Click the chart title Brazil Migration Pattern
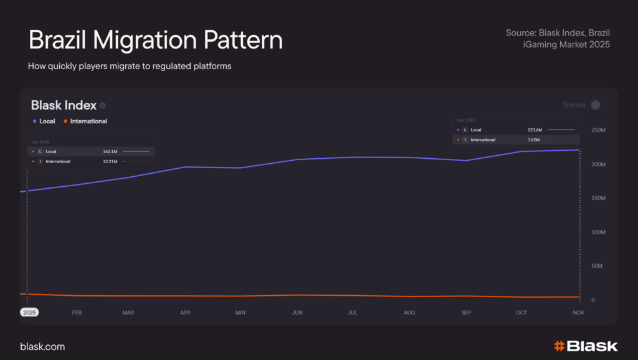coord(155,40)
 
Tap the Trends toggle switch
coord(598,105)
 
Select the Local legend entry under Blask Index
coord(44,121)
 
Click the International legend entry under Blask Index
coord(85,121)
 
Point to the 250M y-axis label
coord(598,130)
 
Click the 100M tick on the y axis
coord(598,232)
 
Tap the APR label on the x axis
coord(185,313)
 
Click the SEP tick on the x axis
coord(466,313)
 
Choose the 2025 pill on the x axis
coord(29,313)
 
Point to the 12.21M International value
coord(110,162)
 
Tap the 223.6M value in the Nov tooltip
coord(535,130)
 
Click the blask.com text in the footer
coord(42,346)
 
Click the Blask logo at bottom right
coord(586,346)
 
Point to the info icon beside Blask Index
coord(103,106)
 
